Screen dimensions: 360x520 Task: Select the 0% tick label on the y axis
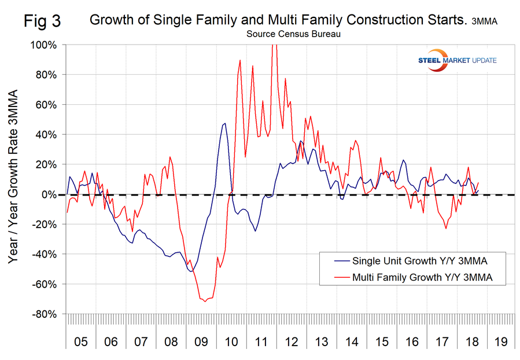[50, 194]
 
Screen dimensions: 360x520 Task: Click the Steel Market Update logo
[458, 60]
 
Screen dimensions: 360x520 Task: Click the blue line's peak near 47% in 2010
[224, 123]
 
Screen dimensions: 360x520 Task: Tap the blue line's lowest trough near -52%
[191, 271]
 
